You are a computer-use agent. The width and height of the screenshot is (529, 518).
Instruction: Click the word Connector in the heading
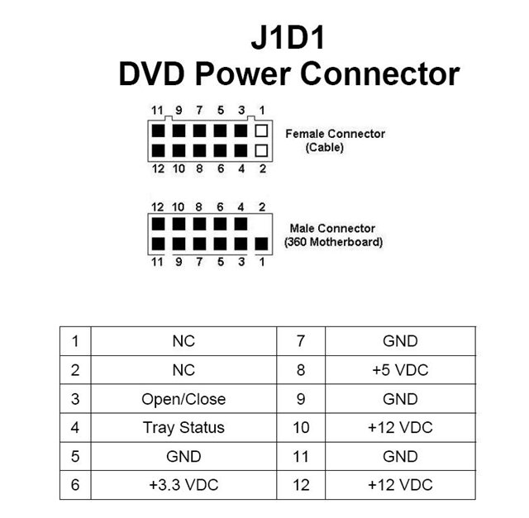coord(379,74)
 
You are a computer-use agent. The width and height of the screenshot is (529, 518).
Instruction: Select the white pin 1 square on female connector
coord(261,131)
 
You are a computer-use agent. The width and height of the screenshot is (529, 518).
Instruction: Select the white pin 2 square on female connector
coord(261,151)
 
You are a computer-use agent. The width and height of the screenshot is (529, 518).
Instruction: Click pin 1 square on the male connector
coord(261,245)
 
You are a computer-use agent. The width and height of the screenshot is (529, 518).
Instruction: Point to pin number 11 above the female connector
coord(157,111)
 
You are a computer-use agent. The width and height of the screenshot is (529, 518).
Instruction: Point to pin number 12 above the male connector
coord(157,206)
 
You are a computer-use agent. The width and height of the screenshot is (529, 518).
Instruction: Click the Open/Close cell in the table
coord(183,398)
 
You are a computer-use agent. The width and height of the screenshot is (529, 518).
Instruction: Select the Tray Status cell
coord(183,427)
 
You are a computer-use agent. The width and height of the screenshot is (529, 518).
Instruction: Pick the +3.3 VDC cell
coord(183,485)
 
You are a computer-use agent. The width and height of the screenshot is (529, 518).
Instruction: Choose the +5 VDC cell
coord(400,369)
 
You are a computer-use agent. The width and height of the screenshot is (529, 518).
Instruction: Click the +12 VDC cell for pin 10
coord(400,427)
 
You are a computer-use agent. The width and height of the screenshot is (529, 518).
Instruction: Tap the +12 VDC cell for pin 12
coord(400,485)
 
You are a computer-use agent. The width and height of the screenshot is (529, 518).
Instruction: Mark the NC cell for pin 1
coord(183,340)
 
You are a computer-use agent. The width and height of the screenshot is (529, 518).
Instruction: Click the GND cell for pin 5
coord(183,456)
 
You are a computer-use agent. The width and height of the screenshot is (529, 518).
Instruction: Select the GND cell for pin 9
coord(400,398)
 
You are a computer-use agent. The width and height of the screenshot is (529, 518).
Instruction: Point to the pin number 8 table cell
coord(301,369)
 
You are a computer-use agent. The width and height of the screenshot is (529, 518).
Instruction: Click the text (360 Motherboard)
coord(333,242)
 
